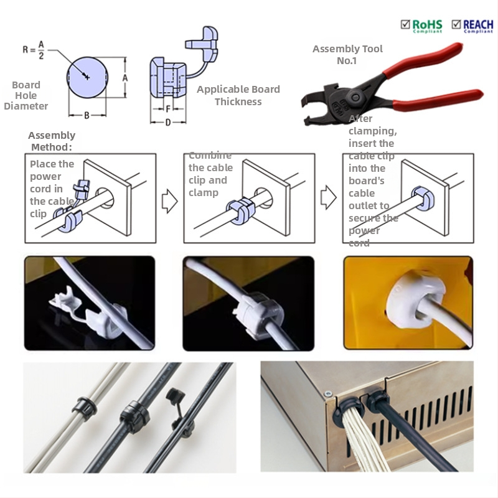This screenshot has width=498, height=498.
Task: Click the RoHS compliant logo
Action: pos(421,25)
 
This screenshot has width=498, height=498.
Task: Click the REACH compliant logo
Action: pos(471,25)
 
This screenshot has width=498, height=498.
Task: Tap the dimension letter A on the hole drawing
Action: pos(125,78)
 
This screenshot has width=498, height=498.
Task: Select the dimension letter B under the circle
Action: pos(87,115)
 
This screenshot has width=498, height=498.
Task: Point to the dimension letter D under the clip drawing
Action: pos(167,122)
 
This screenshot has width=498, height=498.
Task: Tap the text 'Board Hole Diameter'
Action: pos(26,95)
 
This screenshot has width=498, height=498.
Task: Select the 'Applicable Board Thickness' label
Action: pos(238,95)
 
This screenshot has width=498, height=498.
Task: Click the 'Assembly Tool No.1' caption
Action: pos(347,55)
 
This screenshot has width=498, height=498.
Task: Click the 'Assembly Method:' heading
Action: pos(51,141)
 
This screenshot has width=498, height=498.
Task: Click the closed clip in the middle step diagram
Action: pos(240,209)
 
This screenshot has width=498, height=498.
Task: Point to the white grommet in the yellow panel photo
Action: pos(405,304)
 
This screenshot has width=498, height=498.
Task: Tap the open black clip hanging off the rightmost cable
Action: pos(174,398)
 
